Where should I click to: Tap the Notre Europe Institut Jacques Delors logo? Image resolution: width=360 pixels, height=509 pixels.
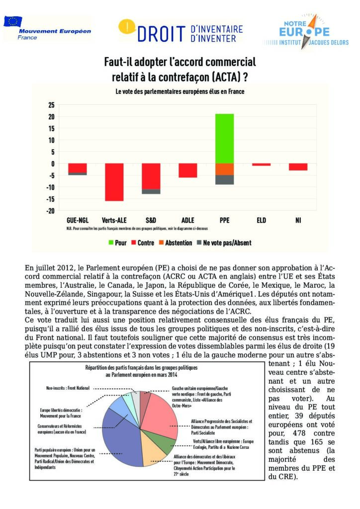click(303, 31)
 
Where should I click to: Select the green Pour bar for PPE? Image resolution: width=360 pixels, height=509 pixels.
click(225, 138)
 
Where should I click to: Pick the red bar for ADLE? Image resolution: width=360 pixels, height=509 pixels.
click(188, 170)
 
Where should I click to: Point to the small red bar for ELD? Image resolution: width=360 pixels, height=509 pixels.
click(261, 165)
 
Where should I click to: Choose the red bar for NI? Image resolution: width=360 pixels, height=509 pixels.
click(298, 167)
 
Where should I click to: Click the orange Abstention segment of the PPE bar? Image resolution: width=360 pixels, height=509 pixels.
click(225, 169)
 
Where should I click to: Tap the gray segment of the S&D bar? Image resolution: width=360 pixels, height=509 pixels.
click(151, 191)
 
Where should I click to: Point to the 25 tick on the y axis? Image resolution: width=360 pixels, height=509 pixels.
click(51, 105)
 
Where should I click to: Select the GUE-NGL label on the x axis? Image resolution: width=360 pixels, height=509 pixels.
click(77, 220)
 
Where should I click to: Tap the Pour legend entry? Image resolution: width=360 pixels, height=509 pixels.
click(117, 243)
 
